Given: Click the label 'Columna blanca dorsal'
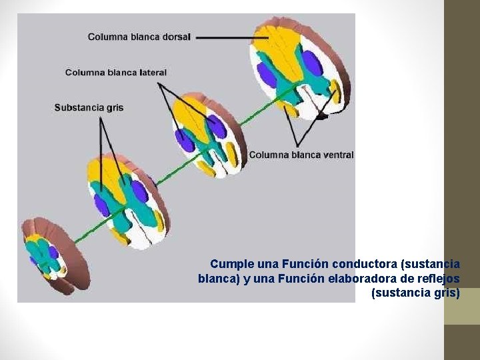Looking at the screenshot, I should click(x=139, y=37).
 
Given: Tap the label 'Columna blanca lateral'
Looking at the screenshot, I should click(x=116, y=72).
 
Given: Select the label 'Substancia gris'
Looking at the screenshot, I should click(x=89, y=107).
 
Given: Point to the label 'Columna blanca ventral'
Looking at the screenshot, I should click(x=301, y=155).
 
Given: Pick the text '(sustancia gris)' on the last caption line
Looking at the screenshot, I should click(x=415, y=292).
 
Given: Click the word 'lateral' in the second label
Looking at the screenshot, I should click(x=153, y=72).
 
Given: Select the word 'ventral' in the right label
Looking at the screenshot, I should click(x=338, y=155).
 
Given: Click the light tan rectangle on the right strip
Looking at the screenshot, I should click(x=462, y=306).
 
